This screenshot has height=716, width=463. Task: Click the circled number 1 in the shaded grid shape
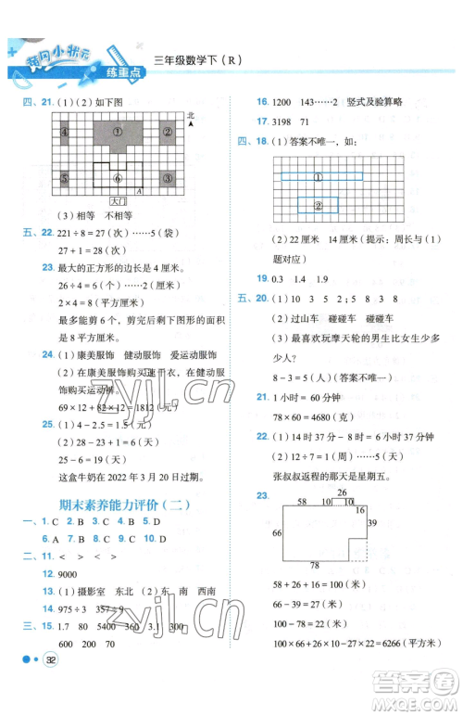coord(118,132)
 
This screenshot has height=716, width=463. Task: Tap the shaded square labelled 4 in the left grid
coord(65,132)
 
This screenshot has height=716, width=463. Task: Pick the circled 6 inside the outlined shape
coord(118,178)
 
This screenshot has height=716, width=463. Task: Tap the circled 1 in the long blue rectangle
coord(318,176)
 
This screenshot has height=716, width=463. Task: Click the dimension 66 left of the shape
coord(276,532)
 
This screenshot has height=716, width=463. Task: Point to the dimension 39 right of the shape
coord(371,523)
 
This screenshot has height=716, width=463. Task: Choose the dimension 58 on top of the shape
coord(301,501)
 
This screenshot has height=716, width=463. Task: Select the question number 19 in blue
coord(262,279)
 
